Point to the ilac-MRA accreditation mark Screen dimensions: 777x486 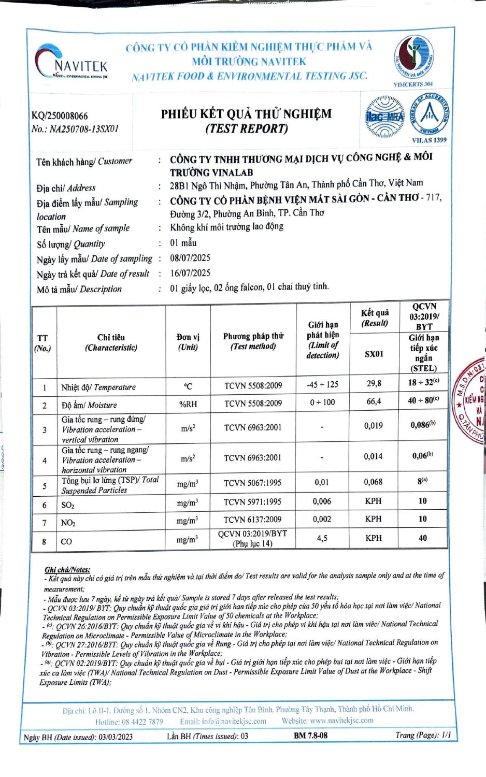(x=384, y=117)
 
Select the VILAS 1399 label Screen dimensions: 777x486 (x=428, y=140)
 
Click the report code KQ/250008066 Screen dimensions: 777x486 (x=60, y=116)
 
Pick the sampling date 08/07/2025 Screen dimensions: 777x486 (x=190, y=258)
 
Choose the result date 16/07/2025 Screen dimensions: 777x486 (x=190, y=273)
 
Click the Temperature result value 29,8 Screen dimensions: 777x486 (x=374, y=384)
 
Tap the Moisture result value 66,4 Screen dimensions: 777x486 (x=374, y=401)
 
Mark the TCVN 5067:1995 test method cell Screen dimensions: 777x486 (x=252, y=483)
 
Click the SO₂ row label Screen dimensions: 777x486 (x=68, y=505)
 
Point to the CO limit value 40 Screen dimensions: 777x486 (x=423, y=538)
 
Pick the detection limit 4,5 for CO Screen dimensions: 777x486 (x=322, y=538)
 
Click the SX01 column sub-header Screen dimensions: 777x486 (x=374, y=354)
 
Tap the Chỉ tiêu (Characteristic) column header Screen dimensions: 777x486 (x=111, y=342)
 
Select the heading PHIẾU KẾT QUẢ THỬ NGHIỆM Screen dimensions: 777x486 (x=246, y=114)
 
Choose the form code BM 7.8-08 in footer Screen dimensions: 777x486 (x=310, y=736)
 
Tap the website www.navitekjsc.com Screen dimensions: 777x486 (x=341, y=721)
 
